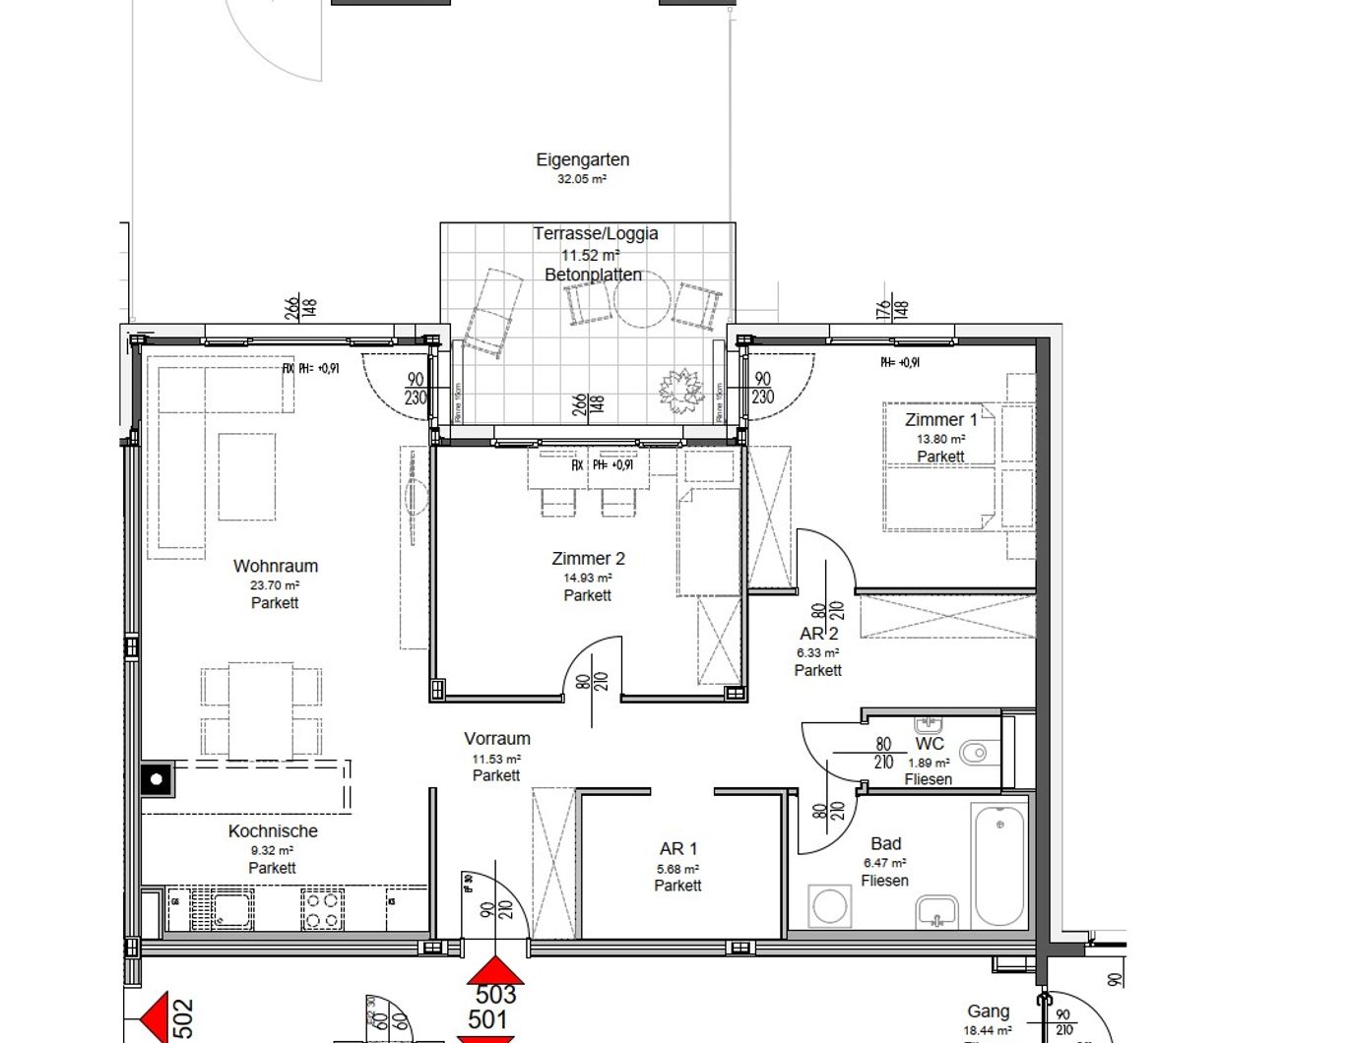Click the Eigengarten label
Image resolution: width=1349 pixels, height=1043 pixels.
(x=582, y=159)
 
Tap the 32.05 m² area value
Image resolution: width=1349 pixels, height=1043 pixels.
(x=582, y=180)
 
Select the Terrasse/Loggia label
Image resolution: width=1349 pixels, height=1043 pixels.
(x=595, y=234)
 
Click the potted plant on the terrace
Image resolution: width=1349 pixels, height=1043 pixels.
(x=681, y=391)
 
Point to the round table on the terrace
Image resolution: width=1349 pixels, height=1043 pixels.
(x=643, y=302)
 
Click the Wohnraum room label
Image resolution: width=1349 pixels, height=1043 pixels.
(x=275, y=566)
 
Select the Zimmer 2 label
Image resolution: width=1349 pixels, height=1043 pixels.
(x=588, y=559)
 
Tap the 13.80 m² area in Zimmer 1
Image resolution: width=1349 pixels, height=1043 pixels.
(x=940, y=439)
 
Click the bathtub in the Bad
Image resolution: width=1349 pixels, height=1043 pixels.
(x=998, y=865)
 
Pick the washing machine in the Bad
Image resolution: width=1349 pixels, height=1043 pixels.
(x=829, y=906)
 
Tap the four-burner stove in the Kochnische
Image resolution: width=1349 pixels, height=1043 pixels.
(x=322, y=909)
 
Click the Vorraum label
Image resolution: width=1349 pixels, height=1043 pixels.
(x=497, y=739)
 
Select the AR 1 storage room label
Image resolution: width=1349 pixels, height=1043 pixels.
(x=678, y=849)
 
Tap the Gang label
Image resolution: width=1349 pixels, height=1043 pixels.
(x=988, y=1012)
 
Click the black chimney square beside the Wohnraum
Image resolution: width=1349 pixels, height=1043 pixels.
(x=157, y=779)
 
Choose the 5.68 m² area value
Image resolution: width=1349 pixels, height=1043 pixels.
(x=677, y=869)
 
